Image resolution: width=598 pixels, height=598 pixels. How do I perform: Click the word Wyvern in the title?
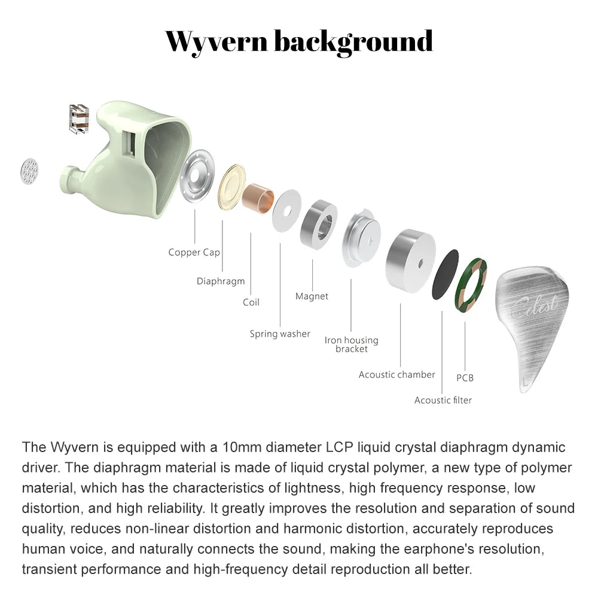(x=216, y=42)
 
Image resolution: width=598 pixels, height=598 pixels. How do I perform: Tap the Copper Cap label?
(x=194, y=252)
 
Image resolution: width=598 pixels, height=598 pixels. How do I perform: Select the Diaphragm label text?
(x=221, y=281)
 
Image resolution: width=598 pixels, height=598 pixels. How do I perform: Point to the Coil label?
(x=251, y=303)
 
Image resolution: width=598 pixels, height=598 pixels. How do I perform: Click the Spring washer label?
(x=280, y=334)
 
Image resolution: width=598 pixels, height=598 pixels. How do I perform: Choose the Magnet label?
(x=312, y=296)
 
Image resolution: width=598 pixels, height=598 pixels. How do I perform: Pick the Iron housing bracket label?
(x=351, y=344)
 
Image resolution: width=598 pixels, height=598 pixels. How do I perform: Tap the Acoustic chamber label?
(x=396, y=375)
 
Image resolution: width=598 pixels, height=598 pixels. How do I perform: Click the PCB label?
(x=465, y=378)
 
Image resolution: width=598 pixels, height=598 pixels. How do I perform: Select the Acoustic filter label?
(x=443, y=400)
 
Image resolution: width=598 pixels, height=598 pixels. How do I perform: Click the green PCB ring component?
(x=471, y=285)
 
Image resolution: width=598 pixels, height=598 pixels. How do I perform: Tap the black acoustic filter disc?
(x=446, y=274)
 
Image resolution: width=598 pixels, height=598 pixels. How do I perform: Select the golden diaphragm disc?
(x=231, y=187)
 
